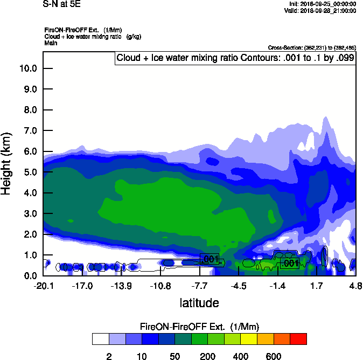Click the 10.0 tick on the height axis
29,68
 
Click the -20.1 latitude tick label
43,286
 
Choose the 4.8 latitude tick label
355,286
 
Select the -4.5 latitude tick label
239,286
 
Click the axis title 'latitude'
199,303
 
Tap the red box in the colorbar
298,339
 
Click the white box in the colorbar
100,339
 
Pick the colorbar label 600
274,356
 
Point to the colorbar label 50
174,356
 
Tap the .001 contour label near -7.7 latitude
209,259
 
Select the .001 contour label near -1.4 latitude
290,263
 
